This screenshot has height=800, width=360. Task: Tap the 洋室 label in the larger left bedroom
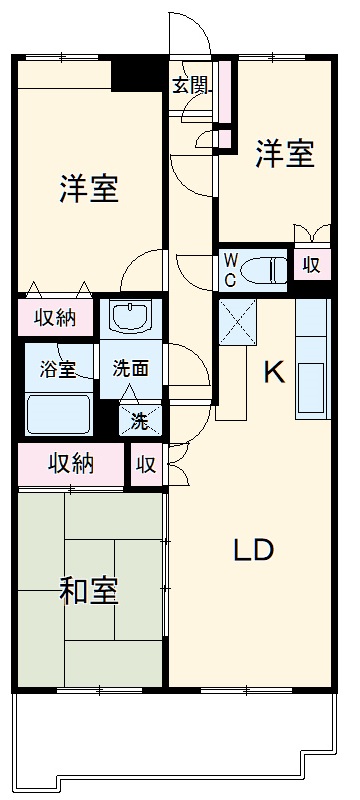click(x=89, y=189)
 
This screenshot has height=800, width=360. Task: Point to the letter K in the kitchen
click(x=273, y=372)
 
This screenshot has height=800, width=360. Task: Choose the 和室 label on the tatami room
click(x=89, y=590)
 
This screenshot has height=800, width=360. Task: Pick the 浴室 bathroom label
click(x=57, y=367)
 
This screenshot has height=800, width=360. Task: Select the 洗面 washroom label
click(x=130, y=367)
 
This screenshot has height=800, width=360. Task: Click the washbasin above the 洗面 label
click(x=130, y=318)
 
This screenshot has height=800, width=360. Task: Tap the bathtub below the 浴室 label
click(x=58, y=412)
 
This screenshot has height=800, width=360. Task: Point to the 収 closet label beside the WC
click(x=312, y=265)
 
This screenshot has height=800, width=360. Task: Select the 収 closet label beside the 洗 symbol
click(x=146, y=464)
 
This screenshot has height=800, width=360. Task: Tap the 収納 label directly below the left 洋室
click(x=56, y=318)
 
